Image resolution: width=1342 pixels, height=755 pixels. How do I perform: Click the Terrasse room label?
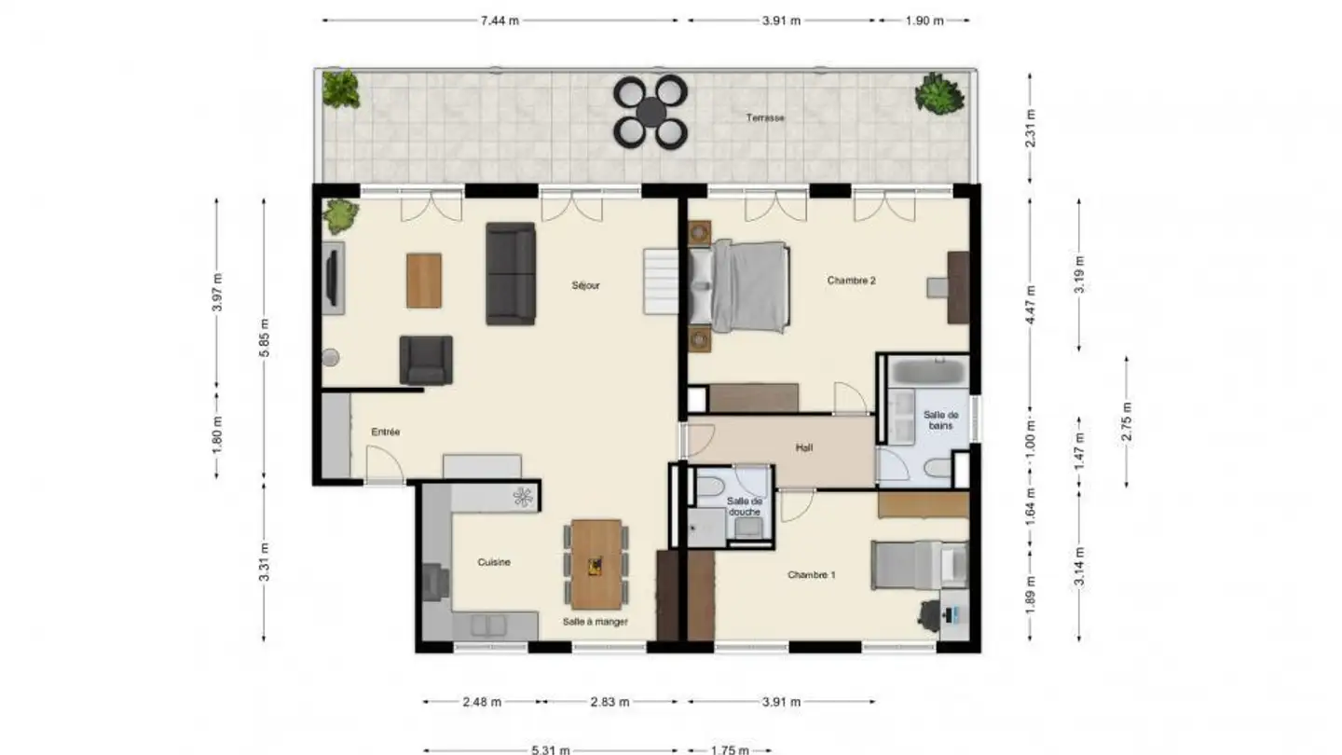[x=765, y=118]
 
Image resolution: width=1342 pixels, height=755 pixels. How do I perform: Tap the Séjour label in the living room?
[x=585, y=286]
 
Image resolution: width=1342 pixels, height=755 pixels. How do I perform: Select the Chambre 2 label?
[x=852, y=281]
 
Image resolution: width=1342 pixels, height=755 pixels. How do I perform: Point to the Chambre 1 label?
[x=811, y=575]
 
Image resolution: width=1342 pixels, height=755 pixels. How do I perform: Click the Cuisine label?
[x=494, y=562]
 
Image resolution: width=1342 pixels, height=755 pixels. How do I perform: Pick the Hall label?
[x=804, y=447]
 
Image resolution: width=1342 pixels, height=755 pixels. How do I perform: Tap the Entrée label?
[x=385, y=432]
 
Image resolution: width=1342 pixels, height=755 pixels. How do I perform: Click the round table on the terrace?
[x=651, y=112]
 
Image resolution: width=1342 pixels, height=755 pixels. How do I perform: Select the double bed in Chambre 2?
[x=739, y=286]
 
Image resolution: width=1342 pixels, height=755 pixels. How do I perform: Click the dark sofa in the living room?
[x=511, y=274]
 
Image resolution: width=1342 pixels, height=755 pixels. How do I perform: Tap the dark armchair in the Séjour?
[x=426, y=360]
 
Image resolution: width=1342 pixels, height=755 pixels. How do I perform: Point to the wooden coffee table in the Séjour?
[x=424, y=281]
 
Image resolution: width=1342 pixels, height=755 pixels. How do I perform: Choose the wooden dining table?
[x=596, y=565]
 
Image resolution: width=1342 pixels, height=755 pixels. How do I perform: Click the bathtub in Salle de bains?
[x=928, y=372]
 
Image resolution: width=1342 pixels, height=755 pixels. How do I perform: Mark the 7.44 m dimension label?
[x=500, y=21]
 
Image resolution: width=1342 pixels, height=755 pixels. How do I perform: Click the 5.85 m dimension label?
[x=265, y=338]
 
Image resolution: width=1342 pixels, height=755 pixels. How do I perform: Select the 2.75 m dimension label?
[x=1127, y=421]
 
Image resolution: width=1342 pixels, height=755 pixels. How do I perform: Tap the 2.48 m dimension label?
[x=482, y=702]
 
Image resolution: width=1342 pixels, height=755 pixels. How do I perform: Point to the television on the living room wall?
[x=332, y=278]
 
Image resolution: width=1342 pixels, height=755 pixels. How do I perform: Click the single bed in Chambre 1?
[x=919, y=565]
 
